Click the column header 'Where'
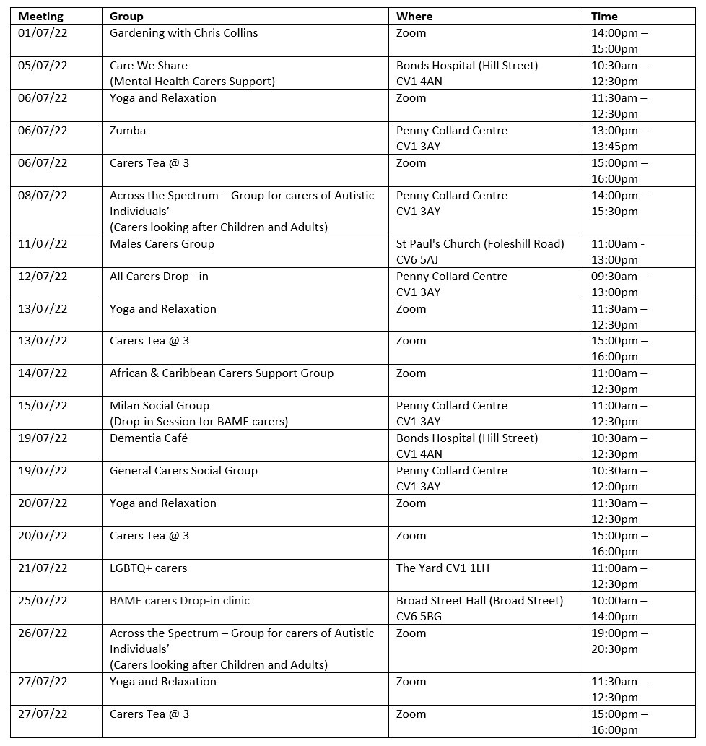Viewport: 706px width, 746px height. [414, 16]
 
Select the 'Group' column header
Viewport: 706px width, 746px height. [126, 16]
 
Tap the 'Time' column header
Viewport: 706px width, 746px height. [604, 16]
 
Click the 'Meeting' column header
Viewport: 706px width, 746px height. [40, 16]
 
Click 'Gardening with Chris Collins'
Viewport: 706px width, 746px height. [183, 33]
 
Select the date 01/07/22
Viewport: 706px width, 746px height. [43, 33]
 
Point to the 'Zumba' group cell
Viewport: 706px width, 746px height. [128, 131]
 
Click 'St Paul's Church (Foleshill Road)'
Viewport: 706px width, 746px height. [480, 244]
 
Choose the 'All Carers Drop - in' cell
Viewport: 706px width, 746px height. [159, 277]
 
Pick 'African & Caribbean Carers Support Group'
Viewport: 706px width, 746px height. [222, 373]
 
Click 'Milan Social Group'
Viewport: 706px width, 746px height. [160, 406]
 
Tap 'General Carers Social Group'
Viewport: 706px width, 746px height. [183, 471]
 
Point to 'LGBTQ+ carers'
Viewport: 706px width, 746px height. [148, 568]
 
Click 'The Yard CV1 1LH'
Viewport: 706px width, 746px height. [443, 568]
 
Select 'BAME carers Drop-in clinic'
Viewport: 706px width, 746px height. [180, 601]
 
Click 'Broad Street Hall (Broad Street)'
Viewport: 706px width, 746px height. [479, 601]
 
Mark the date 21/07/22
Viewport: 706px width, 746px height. [43, 568]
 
